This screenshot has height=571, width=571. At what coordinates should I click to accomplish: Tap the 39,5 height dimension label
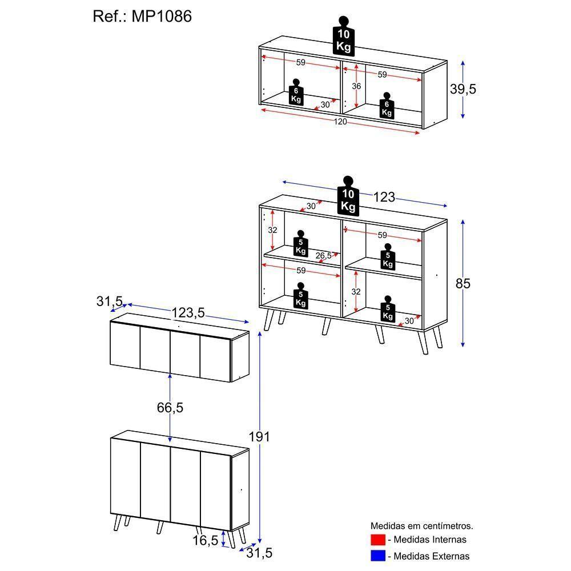click(x=463, y=89)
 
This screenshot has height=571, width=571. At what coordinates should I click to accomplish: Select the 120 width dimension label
click(x=340, y=122)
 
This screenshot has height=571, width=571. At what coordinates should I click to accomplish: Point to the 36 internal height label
click(x=356, y=86)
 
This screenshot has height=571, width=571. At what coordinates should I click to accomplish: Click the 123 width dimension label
click(x=384, y=197)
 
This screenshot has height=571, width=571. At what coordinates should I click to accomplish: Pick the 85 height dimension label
click(x=463, y=283)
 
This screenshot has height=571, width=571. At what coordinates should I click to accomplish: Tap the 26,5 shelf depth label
click(x=323, y=255)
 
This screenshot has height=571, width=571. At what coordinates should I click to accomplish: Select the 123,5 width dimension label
click(x=188, y=313)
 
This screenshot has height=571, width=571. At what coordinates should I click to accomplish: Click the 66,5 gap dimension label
click(x=170, y=408)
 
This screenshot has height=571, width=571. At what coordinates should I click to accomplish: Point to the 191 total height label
click(x=260, y=437)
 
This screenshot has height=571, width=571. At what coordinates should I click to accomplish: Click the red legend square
click(x=378, y=540)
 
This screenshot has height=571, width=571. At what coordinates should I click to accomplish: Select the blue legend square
click(x=378, y=556)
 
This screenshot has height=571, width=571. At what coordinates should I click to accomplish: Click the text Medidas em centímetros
click(x=422, y=526)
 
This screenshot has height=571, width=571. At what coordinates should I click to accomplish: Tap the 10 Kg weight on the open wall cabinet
click(x=343, y=37)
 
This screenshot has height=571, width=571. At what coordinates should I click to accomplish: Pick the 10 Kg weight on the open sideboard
click(x=348, y=197)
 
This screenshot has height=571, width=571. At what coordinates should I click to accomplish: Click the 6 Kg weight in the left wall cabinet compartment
click(x=296, y=93)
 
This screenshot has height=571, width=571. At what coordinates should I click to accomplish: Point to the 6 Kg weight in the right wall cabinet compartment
click(x=387, y=106)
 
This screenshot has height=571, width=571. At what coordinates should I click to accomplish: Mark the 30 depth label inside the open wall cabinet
click(x=325, y=104)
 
